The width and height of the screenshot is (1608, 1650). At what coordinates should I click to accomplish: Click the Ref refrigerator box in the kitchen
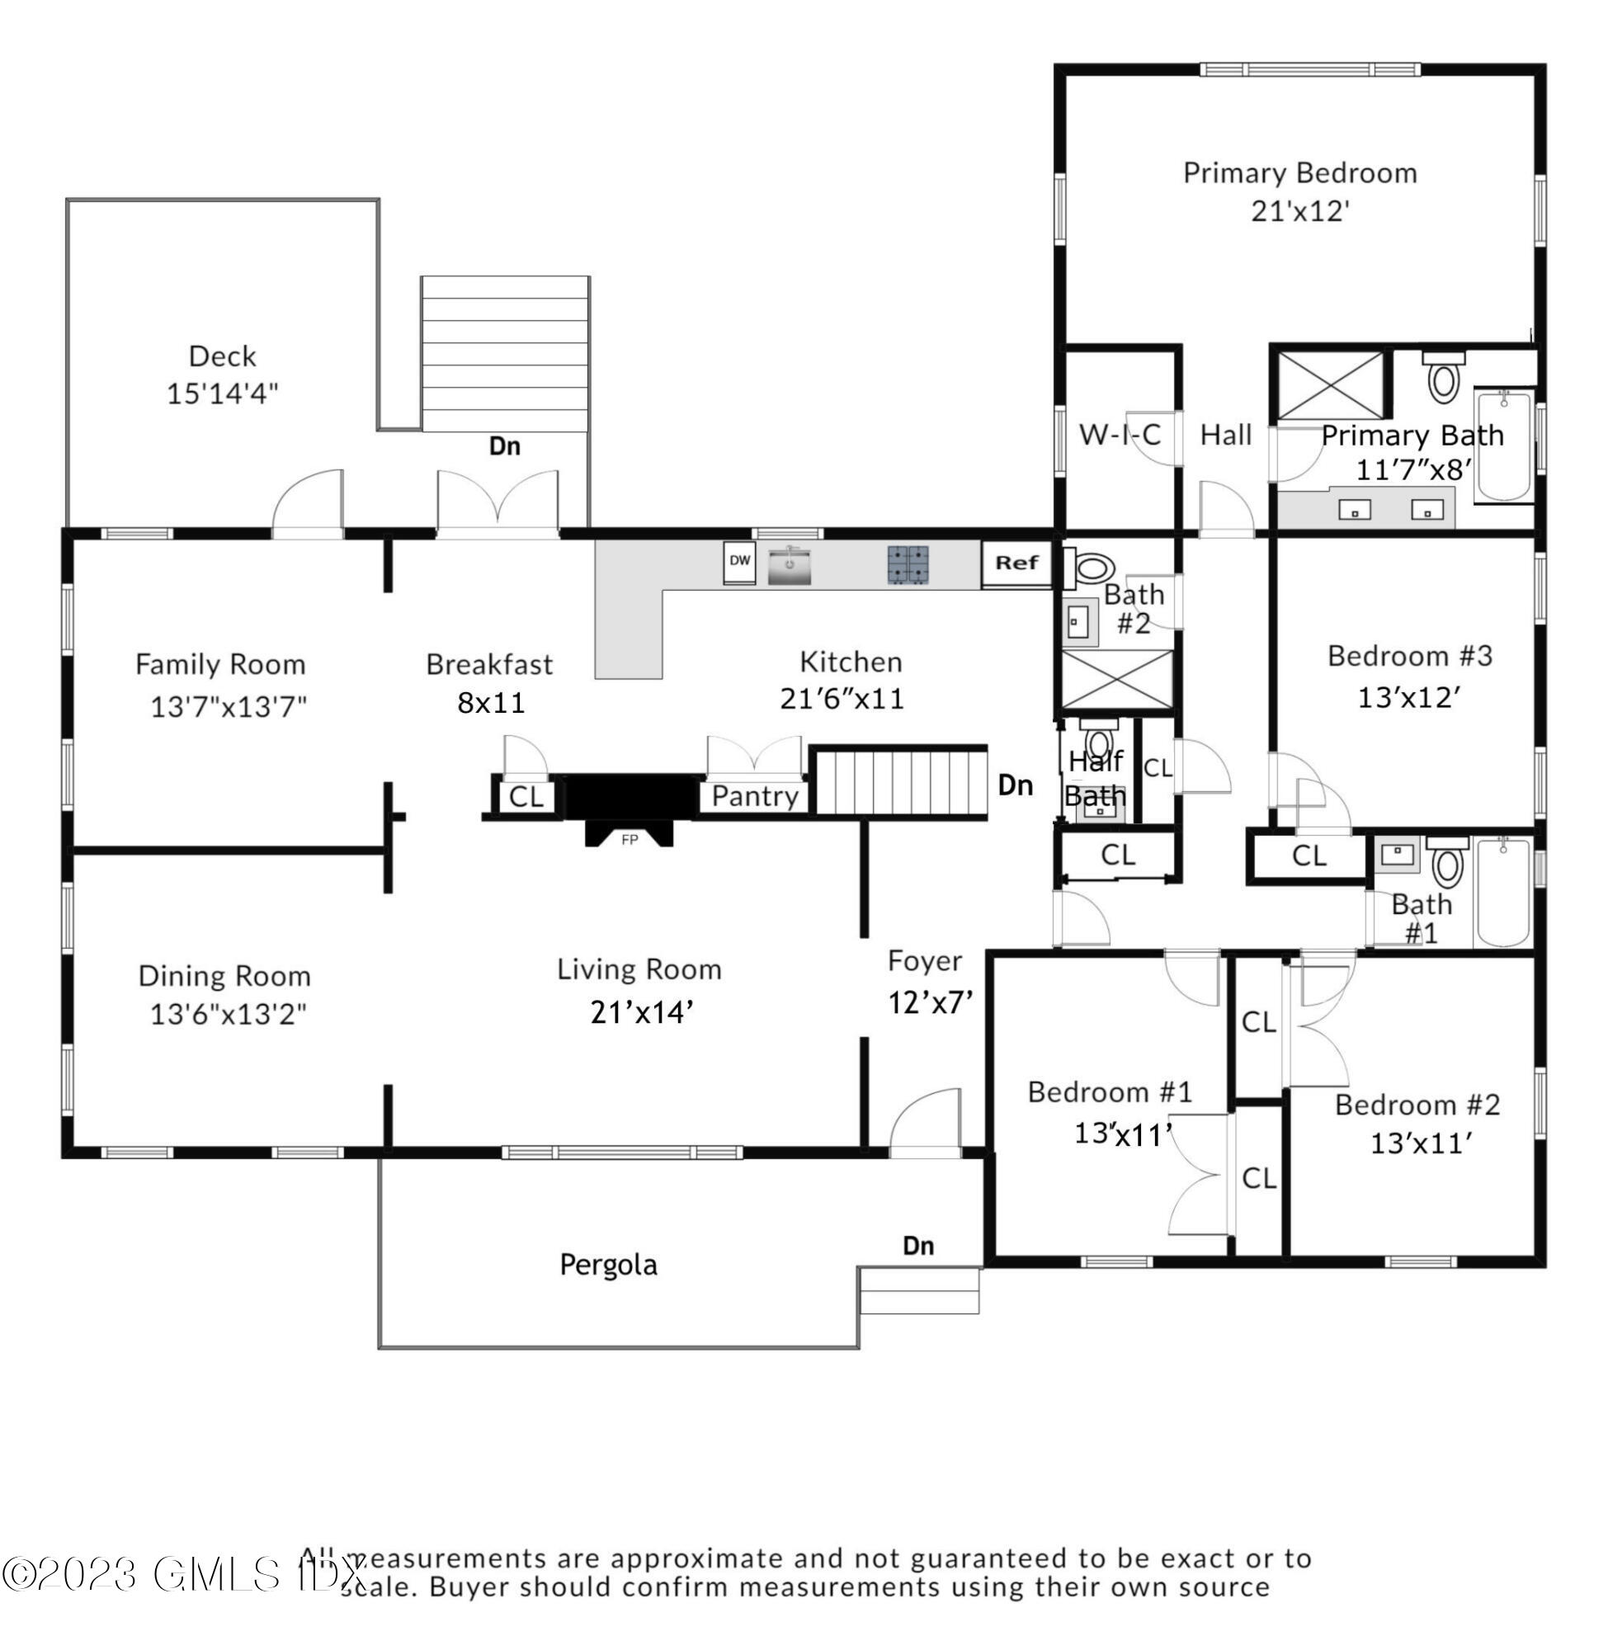click(1016, 563)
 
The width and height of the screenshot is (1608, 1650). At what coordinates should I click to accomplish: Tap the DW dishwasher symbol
click(739, 562)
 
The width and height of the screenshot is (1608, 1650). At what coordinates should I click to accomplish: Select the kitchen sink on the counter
click(789, 565)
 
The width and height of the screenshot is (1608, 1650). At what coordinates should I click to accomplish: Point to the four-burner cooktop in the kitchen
click(908, 565)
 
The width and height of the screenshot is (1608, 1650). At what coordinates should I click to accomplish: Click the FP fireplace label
click(630, 839)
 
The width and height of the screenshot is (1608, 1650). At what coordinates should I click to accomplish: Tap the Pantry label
click(755, 795)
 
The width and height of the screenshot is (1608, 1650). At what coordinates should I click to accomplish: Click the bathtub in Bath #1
click(1502, 892)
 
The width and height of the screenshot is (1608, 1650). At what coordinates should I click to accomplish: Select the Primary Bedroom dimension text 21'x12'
click(1299, 210)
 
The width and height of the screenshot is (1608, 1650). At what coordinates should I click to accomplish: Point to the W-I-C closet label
click(1120, 435)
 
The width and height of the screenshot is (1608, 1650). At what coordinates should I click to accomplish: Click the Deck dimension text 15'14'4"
click(222, 394)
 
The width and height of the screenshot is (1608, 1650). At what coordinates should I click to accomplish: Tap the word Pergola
click(608, 1265)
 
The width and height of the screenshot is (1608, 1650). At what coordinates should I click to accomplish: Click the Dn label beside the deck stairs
click(505, 445)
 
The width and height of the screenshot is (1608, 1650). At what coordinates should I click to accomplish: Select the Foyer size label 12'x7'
click(930, 1002)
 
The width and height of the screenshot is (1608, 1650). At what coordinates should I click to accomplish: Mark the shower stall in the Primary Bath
click(1330, 385)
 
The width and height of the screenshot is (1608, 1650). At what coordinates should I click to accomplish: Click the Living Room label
click(639, 969)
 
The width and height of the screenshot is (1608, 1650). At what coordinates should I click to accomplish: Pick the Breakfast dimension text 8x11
click(491, 703)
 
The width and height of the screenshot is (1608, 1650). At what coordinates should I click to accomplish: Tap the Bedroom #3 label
click(1409, 656)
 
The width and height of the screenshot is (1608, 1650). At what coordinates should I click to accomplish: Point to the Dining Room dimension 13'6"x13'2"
click(228, 1013)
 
